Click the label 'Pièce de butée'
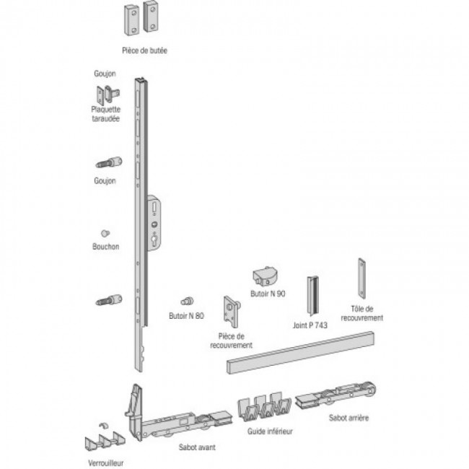click(x=144, y=51)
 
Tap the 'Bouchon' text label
click(x=106, y=247)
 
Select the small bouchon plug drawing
click(x=105, y=233)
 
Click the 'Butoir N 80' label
click(x=186, y=316)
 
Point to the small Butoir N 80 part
click(x=188, y=301)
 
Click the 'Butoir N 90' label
click(x=268, y=294)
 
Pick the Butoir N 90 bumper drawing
click(x=266, y=276)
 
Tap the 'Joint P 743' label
click(x=310, y=325)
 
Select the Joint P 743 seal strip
click(x=312, y=296)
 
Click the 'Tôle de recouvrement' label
click(x=362, y=313)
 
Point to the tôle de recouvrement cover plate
click(x=362, y=279)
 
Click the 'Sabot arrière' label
click(x=349, y=418)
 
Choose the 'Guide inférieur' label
click(x=270, y=431)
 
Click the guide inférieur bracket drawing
click(x=264, y=406)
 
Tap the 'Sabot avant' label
click(x=197, y=447)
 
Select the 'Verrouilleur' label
click(x=106, y=463)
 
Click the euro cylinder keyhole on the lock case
click(x=154, y=241)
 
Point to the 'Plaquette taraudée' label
click(x=105, y=114)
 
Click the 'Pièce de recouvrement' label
click(x=231, y=341)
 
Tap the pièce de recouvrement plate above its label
click(x=232, y=312)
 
